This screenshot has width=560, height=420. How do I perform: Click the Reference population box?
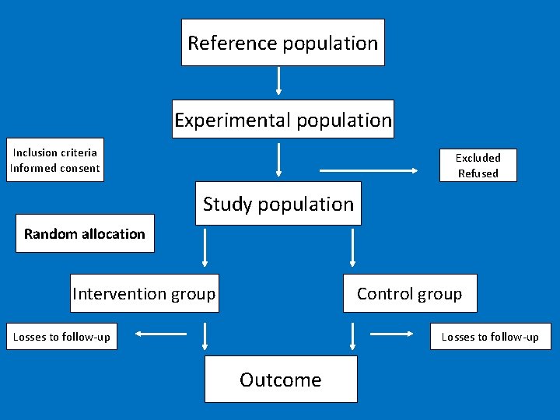[x=283, y=43]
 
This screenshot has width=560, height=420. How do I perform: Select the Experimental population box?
[x=283, y=120]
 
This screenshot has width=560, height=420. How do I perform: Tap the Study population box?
[x=278, y=204]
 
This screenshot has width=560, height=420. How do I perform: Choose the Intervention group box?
[x=144, y=293]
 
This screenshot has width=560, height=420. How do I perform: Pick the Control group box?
[x=410, y=293]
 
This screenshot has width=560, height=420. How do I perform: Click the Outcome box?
[x=281, y=380]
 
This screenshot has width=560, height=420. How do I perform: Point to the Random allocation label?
[x=85, y=233]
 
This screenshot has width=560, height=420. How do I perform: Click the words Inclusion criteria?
[x=55, y=152]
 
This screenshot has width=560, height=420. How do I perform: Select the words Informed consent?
[x=55, y=168]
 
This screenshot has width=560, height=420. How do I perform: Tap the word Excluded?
[x=478, y=158]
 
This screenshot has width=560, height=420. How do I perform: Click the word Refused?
[x=478, y=173]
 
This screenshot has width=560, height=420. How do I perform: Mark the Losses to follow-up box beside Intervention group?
[x=62, y=337]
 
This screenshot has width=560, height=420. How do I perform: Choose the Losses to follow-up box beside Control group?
[x=490, y=337]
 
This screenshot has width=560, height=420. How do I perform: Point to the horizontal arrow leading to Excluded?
[x=374, y=169]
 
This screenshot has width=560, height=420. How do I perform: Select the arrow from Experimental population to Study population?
[x=278, y=159]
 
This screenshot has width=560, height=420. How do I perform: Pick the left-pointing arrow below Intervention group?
[x=161, y=334]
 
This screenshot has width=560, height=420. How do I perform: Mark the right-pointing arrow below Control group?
[x=392, y=334]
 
